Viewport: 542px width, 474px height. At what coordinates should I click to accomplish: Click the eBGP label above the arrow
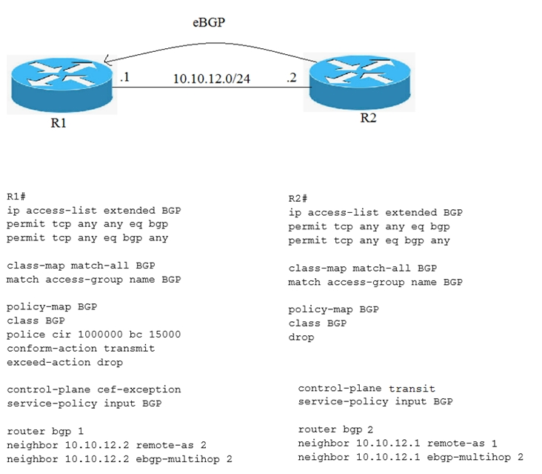point(209,22)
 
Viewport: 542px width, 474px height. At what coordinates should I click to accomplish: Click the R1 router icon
point(62,85)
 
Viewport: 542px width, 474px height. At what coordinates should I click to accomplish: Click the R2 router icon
point(360,82)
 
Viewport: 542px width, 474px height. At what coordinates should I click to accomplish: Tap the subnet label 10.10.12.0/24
point(211,79)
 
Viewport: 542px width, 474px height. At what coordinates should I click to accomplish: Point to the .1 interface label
point(125,77)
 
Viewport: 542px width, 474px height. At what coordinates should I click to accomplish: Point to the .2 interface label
point(292,77)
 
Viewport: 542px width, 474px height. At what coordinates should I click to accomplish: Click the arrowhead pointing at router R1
point(107,61)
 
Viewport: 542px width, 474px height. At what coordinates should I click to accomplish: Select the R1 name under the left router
point(58,123)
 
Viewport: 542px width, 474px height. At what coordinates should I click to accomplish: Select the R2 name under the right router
point(368,118)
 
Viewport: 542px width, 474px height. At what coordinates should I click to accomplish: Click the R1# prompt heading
point(16,197)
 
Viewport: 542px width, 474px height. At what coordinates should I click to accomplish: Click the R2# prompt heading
point(298,199)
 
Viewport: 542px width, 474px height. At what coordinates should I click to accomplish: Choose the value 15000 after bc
point(165,335)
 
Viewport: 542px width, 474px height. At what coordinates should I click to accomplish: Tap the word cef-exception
point(139,390)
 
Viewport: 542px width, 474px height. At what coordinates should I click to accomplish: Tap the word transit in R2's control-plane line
point(412,389)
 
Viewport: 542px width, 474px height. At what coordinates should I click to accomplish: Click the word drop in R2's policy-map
point(301,338)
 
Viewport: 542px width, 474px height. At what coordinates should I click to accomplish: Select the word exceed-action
point(49,363)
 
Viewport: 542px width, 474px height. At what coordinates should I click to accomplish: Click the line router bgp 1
point(45,432)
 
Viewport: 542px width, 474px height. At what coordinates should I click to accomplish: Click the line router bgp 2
point(335,429)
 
